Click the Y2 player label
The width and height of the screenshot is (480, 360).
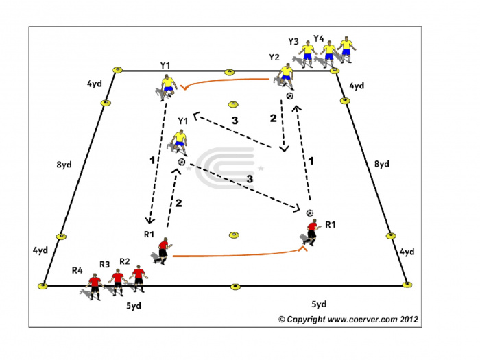[274, 57]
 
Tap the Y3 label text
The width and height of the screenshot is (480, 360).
[293, 41]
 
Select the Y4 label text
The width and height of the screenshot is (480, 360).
[319, 38]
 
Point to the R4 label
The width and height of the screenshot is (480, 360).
[77, 270]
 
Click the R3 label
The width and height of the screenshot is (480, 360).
[104, 264]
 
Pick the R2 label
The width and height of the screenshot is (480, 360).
[125, 261]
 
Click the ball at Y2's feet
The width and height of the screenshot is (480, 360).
[289, 96]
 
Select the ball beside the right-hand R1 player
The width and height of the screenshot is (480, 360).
[310, 213]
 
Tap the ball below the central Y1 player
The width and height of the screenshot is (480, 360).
[182, 162]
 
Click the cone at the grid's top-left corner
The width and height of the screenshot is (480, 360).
[117, 70]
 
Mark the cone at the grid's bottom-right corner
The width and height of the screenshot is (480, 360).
[407, 285]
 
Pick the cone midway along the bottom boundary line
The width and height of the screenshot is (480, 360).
[235, 287]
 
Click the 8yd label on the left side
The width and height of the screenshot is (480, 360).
[64, 165]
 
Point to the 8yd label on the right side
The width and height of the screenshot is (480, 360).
[382, 164]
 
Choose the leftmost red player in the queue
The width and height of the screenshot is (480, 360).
[95, 287]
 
